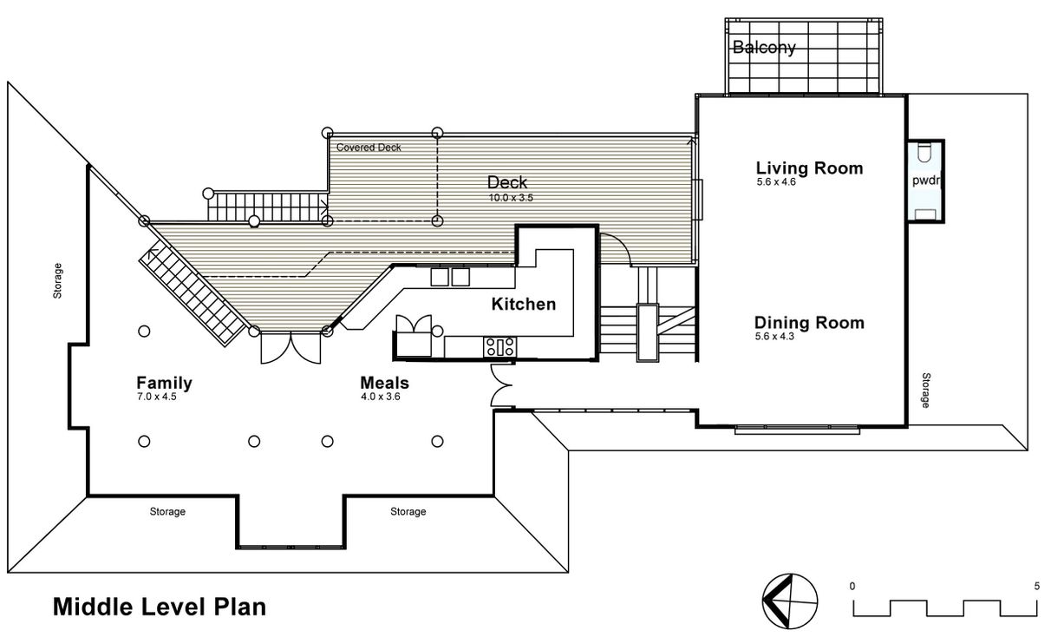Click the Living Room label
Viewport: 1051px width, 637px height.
click(x=809, y=168)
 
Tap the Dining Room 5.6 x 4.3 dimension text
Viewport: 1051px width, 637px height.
click(x=774, y=336)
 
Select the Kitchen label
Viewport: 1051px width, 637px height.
click(x=524, y=305)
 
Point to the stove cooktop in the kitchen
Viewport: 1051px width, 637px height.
click(x=500, y=347)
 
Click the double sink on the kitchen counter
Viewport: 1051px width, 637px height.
click(x=450, y=277)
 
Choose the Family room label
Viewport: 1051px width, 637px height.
click(x=164, y=383)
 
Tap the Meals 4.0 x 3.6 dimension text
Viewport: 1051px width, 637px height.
click(x=381, y=397)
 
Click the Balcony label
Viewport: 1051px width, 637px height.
click(x=764, y=48)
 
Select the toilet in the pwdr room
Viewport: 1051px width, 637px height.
click(x=924, y=152)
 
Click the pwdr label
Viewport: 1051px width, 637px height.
click(x=926, y=181)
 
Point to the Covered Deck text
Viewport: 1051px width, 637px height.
click(x=369, y=148)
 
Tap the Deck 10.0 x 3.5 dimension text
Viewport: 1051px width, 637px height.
click(x=511, y=198)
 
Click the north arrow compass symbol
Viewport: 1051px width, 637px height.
click(x=790, y=601)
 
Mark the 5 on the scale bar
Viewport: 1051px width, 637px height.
click(x=1037, y=586)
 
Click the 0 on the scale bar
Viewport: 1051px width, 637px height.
click(x=852, y=586)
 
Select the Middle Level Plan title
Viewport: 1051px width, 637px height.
click(x=160, y=607)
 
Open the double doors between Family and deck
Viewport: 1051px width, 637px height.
click(x=290, y=347)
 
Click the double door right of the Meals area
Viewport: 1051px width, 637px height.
click(x=501, y=385)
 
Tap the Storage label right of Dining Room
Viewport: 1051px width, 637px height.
click(x=926, y=391)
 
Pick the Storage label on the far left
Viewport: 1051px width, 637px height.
click(x=57, y=280)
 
